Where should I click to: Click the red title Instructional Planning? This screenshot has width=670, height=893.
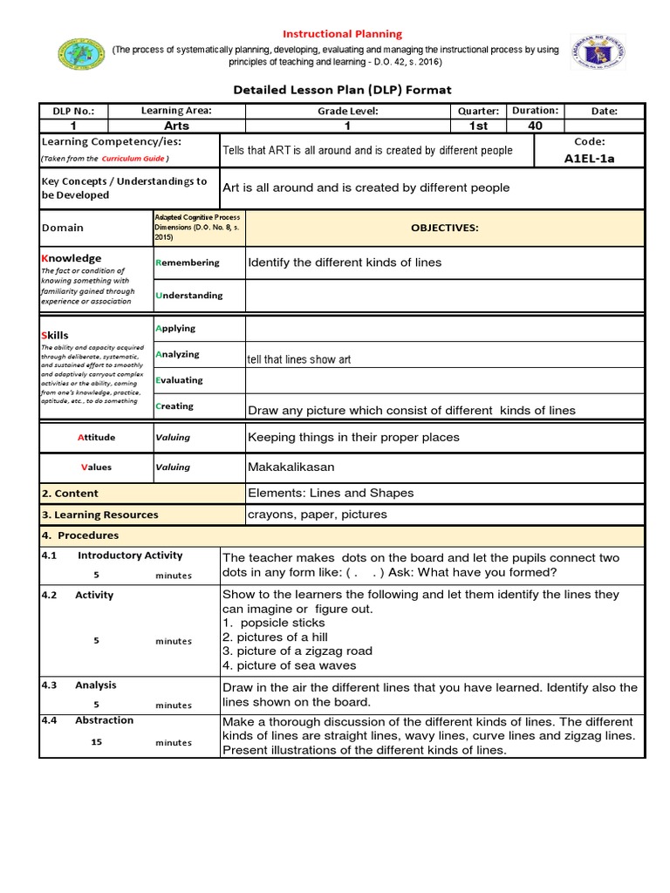340,34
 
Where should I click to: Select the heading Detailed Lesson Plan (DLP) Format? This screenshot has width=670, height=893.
341,90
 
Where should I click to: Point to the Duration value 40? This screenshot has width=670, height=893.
535,126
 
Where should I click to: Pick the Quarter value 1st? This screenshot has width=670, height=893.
478,126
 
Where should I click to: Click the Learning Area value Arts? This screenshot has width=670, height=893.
176,126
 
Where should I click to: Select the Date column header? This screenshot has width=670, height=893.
604,111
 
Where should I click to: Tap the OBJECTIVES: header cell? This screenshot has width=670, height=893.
444,228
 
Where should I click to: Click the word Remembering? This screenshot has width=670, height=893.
188,262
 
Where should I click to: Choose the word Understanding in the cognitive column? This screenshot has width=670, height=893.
188,296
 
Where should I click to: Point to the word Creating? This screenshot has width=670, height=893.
174,406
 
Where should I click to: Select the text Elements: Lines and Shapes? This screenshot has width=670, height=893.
331,493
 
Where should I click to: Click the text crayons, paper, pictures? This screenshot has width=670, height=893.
317,515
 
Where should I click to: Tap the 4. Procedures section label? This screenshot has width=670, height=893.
80,535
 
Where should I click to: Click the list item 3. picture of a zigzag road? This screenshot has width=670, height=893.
297,651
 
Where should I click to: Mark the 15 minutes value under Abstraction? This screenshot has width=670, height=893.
143,742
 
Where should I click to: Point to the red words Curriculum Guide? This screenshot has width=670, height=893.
133,159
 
